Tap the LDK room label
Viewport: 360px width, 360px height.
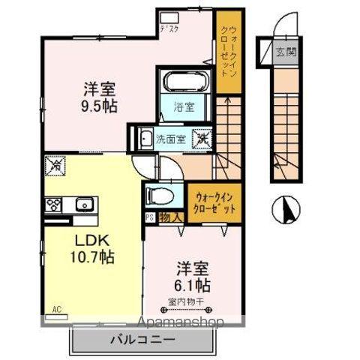(x=91, y=241)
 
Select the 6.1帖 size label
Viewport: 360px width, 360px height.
(x=193, y=285)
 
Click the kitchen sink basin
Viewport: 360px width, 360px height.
(x=82, y=202)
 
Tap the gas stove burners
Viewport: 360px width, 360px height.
(x=55, y=203)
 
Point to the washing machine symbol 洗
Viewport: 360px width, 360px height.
(x=202, y=138)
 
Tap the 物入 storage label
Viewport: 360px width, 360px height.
(x=170, y=217)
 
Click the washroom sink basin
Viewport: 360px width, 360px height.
(x=145, y=138)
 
